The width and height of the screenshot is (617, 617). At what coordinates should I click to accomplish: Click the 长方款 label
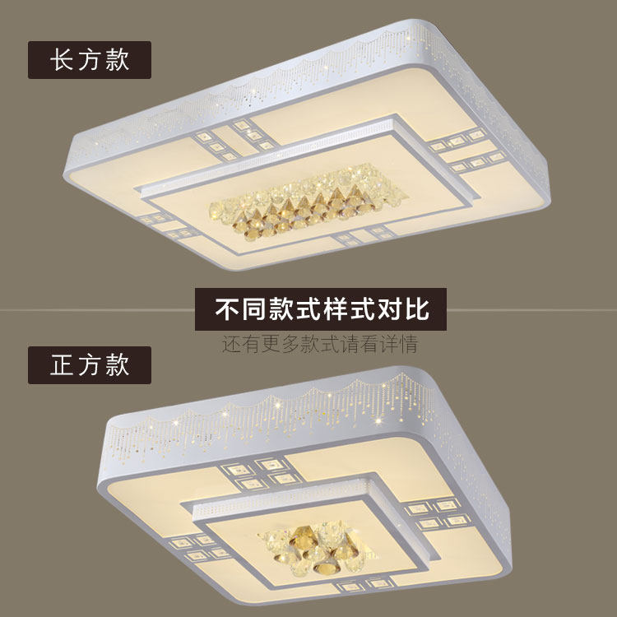pos(90,60)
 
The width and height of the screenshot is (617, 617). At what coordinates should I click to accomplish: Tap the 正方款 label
pos(90,364)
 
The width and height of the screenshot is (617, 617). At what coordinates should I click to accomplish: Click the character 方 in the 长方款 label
pos(90,60)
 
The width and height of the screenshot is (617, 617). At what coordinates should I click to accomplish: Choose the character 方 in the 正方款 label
pos(90,364)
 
